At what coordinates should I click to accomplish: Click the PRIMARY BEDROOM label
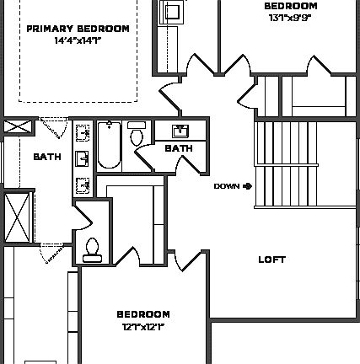(x=78, y=29)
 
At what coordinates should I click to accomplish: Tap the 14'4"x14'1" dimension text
(x=78, y=40)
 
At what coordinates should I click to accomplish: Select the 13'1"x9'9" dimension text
(x=290, y=17)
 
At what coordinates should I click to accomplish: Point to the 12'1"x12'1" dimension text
(x=143, y=325)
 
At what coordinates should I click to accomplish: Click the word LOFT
(x=271, y=260)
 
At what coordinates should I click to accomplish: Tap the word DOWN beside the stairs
(x=227, y=186)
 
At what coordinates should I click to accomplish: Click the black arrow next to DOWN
(x=248, y=186)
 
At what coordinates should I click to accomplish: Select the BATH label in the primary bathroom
(x=46, y=157)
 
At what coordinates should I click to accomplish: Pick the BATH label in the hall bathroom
(x=178, y=148)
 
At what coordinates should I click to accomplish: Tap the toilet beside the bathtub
(x=137, y=134)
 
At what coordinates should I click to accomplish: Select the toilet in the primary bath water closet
(x=91, y=247)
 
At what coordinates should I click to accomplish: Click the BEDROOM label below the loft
(x=143, y=314)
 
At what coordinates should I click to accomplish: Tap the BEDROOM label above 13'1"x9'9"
(x=290, y=5)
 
